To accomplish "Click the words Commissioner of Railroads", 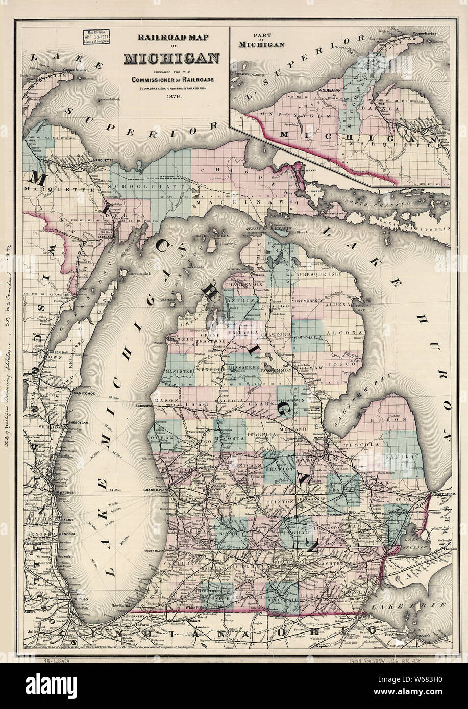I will pos(172,80).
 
